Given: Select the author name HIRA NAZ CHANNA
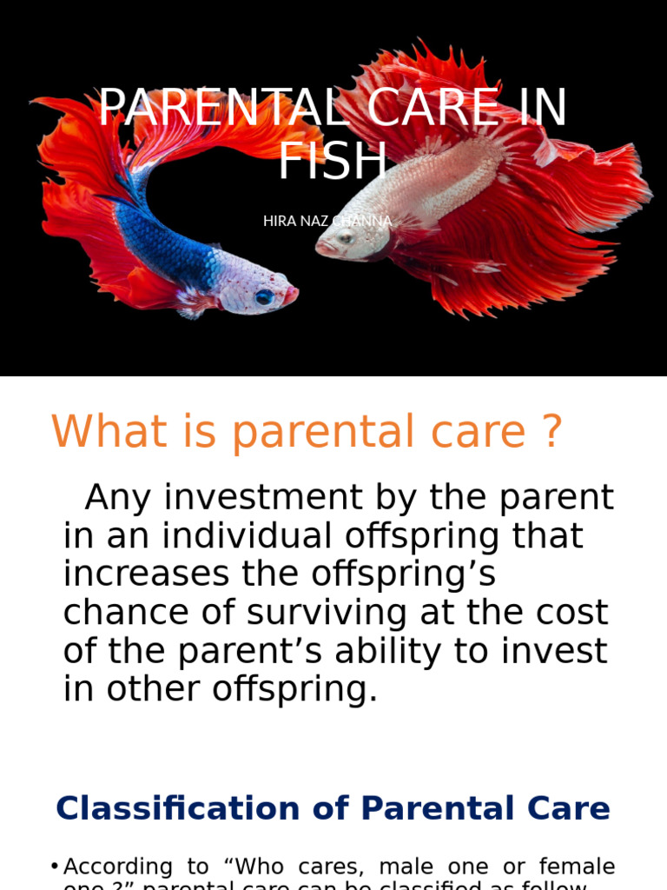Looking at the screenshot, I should pyautogui.click(x=327, y=221).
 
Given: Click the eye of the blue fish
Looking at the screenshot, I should pyautogui.click(x=263, y=296).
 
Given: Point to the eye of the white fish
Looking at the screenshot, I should pyautogui.click(x=345, y=237).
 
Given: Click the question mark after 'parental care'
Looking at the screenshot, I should pyautogui.click(x=551, y=432).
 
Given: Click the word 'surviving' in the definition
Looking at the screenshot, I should pyautogui.click(x=327, y=613).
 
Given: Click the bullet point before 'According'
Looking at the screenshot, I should pyautogui.click(x=55, y=867).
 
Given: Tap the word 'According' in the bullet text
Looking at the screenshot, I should pyautogui.click(x=118, y=867).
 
